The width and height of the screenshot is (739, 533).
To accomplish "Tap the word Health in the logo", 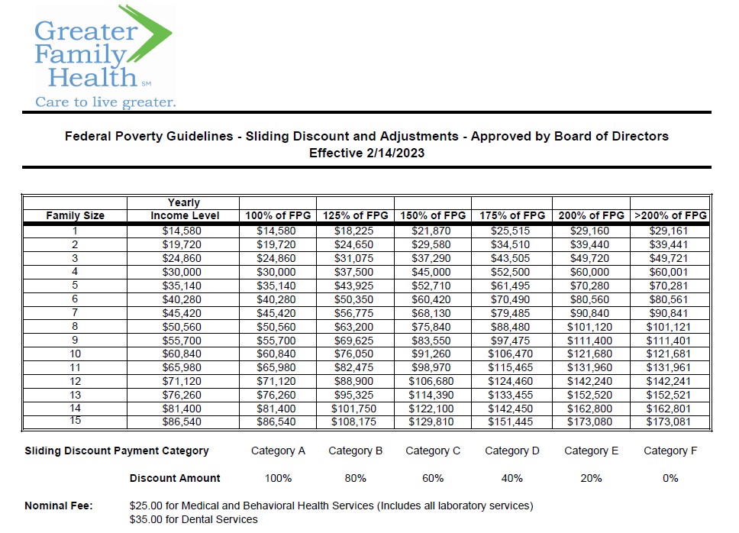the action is [x=92, y=77].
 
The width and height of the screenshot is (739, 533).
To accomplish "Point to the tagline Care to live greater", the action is [x=105, y=102].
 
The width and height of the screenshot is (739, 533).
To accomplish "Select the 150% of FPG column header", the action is [x=433, y=215].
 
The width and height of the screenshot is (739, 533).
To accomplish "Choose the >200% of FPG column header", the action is [x=670, y=215].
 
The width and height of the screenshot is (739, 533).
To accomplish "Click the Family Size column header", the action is [x=75, y=215].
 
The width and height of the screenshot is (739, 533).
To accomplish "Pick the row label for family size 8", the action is [x=75, y=326].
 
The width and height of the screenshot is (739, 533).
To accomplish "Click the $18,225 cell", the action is [x=353, y=231].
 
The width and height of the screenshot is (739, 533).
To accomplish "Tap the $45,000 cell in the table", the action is [x=431, y=272].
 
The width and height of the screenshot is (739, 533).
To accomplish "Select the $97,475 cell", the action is [x=510, y=341].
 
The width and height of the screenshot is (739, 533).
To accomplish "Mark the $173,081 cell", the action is [x=668, y=422].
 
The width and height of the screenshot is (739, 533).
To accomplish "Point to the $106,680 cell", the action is [x=431, y=381].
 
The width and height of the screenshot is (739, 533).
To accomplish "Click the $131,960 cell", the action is [x=589, y=367].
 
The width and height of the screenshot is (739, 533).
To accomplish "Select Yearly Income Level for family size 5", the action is [x=182, y=286].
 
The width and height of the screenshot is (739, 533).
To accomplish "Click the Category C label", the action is [x=433, y=451].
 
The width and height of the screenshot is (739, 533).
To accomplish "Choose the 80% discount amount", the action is [x=355, y=478].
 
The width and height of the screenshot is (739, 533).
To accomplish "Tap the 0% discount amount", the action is [x=670, y=478].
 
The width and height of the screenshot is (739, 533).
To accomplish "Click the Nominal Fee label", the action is [x=59, y=506].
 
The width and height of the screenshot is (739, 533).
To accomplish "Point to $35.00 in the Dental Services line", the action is [x=146, y=519].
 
